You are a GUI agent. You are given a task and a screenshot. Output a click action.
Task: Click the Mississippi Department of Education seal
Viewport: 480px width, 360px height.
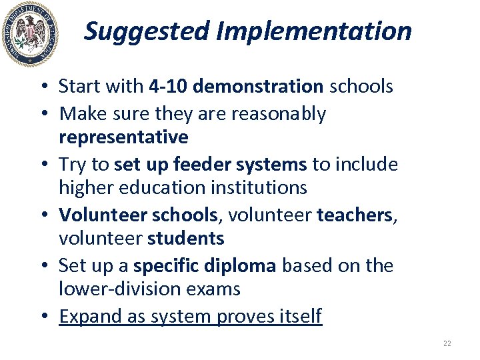click(30, 34)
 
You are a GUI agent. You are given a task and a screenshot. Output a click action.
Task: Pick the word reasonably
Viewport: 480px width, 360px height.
click(279, 114)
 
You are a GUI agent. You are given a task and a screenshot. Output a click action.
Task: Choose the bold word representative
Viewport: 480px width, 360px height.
click(123, 138)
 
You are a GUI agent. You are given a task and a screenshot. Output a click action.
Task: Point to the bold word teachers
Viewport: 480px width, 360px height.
click(354, 215)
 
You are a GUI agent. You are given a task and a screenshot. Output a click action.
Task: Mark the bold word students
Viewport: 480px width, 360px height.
click(185, 239)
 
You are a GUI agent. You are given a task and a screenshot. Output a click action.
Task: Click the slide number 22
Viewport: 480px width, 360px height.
click(447, 344)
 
